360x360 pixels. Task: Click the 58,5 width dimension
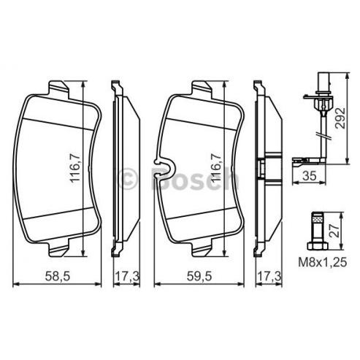[x=58, y=276]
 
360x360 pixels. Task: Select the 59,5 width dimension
[x=199, y=276]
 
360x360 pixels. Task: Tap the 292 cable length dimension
[x=340, y=118]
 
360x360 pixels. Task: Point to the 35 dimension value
[x=310, y=175]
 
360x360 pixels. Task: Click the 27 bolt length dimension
[x=336, y=231]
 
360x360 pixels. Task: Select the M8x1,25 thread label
[x=323, y=262]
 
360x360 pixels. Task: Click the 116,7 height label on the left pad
[x=75, y=168]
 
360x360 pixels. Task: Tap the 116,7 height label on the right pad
[x=216, y=168]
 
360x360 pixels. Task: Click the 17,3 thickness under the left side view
[x=127, y=276]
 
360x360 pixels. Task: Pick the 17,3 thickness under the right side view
[x=269, y=276]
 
